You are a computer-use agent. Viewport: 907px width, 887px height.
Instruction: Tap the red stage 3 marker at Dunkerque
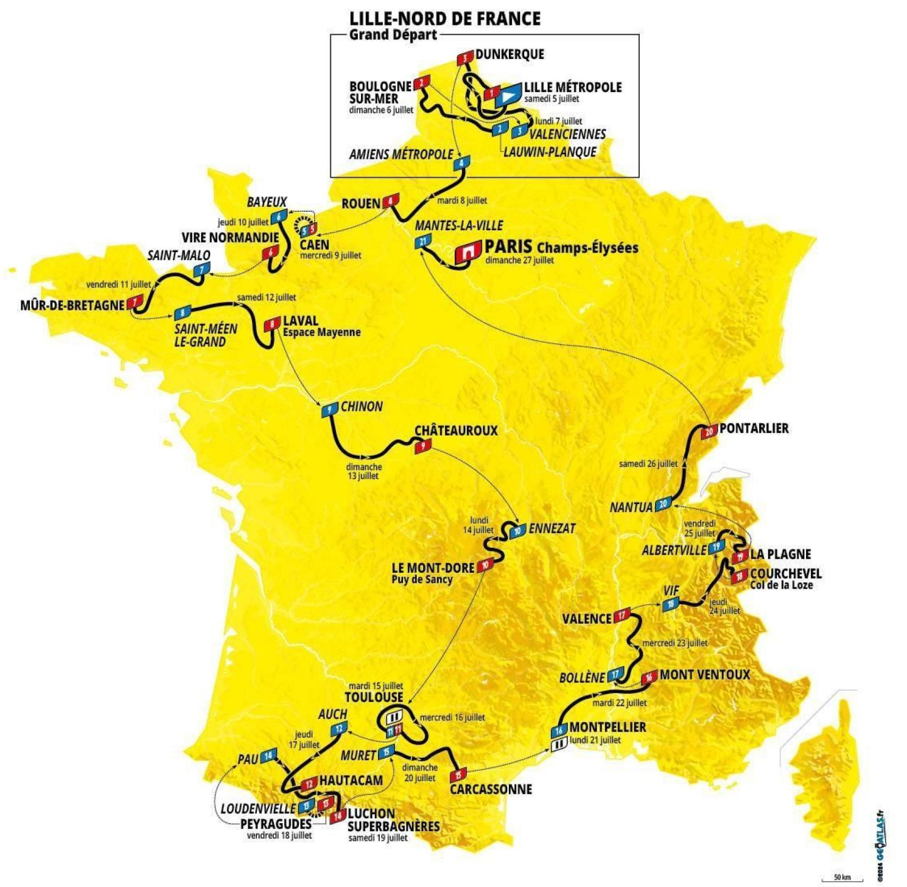tap(465, 57)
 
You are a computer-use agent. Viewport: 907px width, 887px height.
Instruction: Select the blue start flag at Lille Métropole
tap(508, 95)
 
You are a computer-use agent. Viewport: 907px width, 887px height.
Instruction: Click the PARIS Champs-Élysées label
tap(561, 247)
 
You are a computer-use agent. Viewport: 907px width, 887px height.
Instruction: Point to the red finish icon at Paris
tap(467, 253)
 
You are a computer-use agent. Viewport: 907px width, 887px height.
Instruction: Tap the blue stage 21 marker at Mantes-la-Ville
tap(423, 241)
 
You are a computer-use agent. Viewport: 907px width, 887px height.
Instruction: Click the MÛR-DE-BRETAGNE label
tap(72, 305)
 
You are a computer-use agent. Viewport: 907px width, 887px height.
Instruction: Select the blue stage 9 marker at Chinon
tap(330, 409)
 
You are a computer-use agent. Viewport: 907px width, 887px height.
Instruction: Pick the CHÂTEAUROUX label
tap(456, 430)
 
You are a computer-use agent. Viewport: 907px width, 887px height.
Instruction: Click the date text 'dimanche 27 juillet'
tap(519, 260)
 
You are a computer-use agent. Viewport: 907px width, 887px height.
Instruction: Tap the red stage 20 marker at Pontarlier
tap(709, 431)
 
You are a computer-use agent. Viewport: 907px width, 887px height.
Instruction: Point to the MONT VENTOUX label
tap(704, 675)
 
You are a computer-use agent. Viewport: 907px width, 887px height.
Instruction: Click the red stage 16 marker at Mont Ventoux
tap(649, 677)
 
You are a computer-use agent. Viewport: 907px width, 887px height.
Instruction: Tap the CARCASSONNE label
tap(491, 789)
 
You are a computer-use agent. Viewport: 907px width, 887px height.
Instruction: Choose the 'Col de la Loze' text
tap(781, 585)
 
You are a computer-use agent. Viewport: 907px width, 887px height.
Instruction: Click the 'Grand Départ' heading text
tap(393, 35)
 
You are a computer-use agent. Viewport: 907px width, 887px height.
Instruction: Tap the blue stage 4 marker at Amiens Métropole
tap(461, 163)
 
